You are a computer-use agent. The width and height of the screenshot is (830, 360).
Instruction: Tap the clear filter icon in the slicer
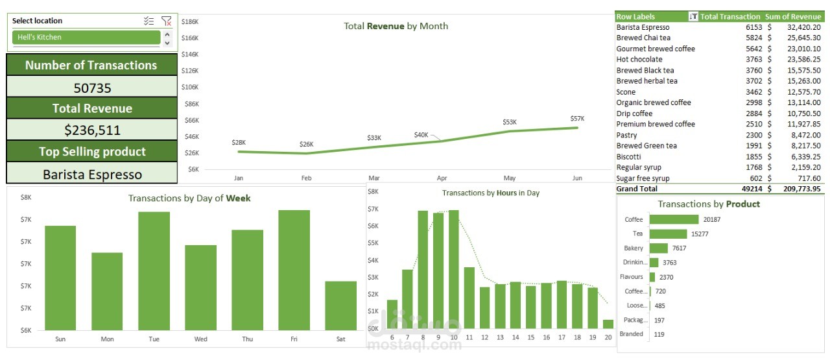(x=167, y=21)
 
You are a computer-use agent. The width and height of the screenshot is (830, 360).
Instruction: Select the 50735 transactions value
(x=92, y=88)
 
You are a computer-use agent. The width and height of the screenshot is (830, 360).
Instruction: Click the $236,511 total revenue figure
(x=92, y=130)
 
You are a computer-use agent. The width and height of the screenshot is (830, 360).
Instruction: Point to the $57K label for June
(x=577, y=119)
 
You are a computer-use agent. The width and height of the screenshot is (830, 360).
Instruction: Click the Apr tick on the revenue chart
(x=442, y=177)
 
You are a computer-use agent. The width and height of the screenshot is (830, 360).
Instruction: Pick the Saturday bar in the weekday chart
(x=340, y=305)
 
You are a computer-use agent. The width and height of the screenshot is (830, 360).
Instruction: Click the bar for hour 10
(x=454, y=269)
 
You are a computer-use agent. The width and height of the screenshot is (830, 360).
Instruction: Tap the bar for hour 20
(x=608, y=324)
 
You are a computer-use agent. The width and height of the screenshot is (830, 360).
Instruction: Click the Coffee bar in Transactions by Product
(x=674, y=219)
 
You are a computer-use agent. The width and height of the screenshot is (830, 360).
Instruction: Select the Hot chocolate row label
(x=639, y=60)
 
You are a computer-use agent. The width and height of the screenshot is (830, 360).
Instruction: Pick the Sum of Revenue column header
(x=793, y=17)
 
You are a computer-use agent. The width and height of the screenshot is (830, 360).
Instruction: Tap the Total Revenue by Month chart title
(x=396, y=27)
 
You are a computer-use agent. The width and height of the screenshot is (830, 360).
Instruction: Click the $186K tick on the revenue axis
(x=189, y=21)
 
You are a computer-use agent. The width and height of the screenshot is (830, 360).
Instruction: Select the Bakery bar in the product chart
(x=658, y=248)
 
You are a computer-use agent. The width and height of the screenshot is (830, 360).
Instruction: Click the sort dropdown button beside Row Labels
(x=693, y=17)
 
